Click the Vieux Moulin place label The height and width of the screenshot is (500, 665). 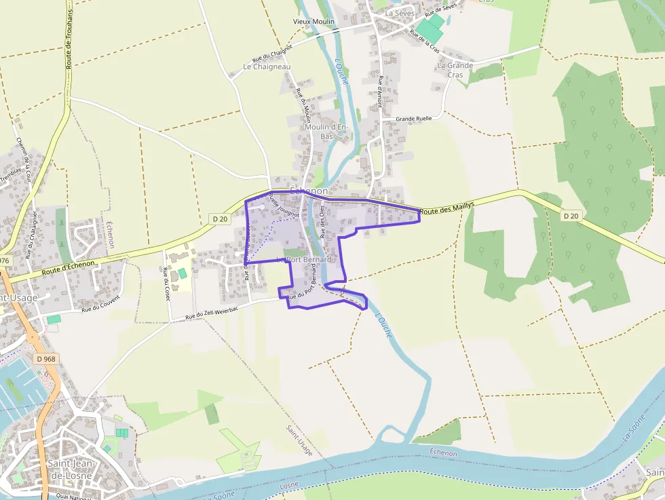(313, 22)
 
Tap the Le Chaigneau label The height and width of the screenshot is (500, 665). (267, 67)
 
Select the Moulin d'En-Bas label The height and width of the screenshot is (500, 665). (326, 132)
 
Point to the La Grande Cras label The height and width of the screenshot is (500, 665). (455, 70)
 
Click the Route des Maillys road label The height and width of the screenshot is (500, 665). (446, 208)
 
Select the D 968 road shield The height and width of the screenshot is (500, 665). (45, 359)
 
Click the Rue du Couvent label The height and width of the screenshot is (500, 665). (100, 303)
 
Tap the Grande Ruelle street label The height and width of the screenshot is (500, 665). (413, 119)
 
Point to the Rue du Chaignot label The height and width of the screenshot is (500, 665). (271, 54)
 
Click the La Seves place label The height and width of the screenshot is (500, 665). (399, 13)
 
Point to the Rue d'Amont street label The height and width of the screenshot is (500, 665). (381, 92)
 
